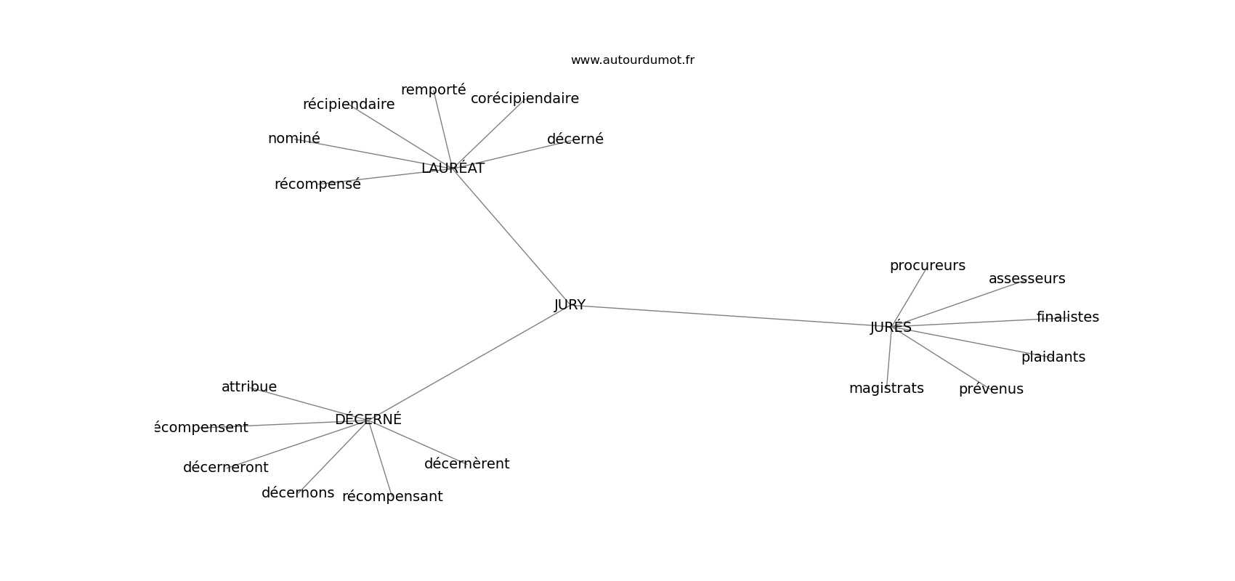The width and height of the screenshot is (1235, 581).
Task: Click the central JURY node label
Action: pos(570,305)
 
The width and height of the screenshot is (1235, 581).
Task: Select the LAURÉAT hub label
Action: pos(453,168)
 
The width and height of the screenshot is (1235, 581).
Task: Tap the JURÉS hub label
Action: pos(891,327)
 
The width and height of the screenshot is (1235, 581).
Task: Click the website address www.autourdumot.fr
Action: pos(632,60)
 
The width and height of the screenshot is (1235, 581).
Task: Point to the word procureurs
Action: pos(928,266)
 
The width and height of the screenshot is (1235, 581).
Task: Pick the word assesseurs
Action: pos(1027,278)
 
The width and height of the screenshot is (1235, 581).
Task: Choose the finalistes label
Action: pos(1067,317)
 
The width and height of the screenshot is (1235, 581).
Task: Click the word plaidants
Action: pos(1053,357)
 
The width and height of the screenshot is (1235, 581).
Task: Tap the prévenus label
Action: pos(991,389)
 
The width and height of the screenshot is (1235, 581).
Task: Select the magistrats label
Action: pos(886,389)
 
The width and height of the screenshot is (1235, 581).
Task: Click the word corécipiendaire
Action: pos(525,98)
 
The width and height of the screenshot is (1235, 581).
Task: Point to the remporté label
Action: pos(433,90)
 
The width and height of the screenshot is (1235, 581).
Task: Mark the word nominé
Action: pos(294,139)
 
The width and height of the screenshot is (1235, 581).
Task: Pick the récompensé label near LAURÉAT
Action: pos(317,184)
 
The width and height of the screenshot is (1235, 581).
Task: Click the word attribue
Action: pos(248,387)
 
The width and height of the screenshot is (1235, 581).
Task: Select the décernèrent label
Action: pos(466,464)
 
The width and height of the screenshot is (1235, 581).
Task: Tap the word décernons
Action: pos(298,493)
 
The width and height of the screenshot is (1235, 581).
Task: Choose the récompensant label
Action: pos(392,497)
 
